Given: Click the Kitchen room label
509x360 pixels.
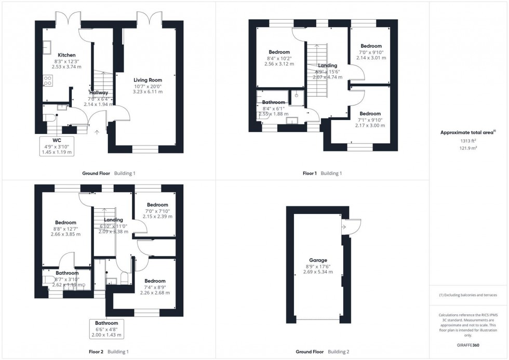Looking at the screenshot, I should (66, 55).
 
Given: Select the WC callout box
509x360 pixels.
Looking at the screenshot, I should (57, 146).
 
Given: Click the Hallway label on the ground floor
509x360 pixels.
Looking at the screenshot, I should (98, 92).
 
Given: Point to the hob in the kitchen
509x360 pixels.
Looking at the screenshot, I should (47, 81).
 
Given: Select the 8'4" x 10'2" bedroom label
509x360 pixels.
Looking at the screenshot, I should (279, 51).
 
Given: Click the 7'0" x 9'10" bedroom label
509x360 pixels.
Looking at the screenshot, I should (371, 46).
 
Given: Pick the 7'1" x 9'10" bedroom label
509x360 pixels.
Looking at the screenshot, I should (370, 114).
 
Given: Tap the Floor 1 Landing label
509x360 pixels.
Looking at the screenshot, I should (327, 65).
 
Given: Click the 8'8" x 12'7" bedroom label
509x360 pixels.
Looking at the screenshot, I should (66, 222).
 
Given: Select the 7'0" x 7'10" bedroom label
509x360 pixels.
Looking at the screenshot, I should (157, 205).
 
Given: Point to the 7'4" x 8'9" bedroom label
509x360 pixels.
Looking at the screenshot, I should (155, 281).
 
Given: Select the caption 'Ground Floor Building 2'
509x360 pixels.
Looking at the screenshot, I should (322, 352).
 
